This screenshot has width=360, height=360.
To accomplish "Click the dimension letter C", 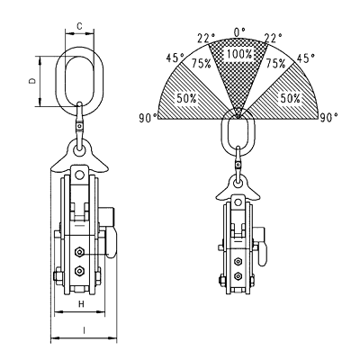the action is click(79, 26).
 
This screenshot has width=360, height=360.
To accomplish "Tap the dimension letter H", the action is click(81, 304).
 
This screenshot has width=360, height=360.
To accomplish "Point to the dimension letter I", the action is click(85, 330).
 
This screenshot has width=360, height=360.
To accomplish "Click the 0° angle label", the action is click(239, 31).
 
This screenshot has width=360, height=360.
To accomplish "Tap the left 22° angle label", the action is click(206, 38).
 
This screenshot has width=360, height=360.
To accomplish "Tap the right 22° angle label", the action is click(273, 38).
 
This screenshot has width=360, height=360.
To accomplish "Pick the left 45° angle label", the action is click(175, 58).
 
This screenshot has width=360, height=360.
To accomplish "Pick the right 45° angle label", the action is click(306, 58).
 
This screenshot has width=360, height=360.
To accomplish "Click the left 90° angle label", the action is click(148, 118).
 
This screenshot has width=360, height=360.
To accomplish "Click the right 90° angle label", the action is click(329, 117).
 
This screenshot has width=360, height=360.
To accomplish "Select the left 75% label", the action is click(202, 63).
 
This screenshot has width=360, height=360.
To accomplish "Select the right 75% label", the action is click(275, 63).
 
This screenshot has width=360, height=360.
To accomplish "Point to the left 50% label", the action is click(186, 98).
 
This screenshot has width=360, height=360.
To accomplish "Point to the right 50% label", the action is click(291, 98).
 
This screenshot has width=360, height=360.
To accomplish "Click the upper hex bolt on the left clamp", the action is click(79, 252).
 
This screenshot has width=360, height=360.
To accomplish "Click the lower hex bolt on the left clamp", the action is click(79, 271).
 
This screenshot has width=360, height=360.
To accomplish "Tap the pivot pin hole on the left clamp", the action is click(79, 175).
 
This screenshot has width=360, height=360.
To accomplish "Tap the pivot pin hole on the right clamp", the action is click(238, 202).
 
